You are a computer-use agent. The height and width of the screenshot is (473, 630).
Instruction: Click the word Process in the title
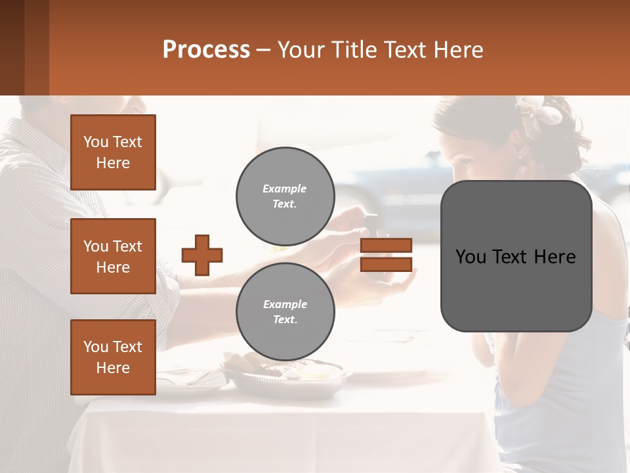(x=206, y=50)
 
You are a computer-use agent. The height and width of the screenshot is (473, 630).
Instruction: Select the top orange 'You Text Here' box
(x=113, y=152)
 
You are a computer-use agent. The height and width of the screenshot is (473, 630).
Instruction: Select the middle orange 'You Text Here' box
(x=113, y=256)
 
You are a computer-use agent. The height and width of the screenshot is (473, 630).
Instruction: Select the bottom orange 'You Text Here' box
(x=113, y=357)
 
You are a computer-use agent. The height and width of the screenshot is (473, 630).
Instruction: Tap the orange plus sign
(x=202, y=255)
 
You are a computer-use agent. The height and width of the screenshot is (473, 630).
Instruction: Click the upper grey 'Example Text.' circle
(x=285, y=196)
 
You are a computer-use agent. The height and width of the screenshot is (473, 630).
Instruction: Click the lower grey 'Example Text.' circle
(x=285, y=312)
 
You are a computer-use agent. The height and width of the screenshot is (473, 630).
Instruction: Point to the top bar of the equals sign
(x=387, y=245)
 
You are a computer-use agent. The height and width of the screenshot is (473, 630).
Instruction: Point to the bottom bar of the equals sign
(x=387, y=265)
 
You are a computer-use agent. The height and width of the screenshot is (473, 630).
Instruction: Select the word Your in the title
(x=300, y=50)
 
